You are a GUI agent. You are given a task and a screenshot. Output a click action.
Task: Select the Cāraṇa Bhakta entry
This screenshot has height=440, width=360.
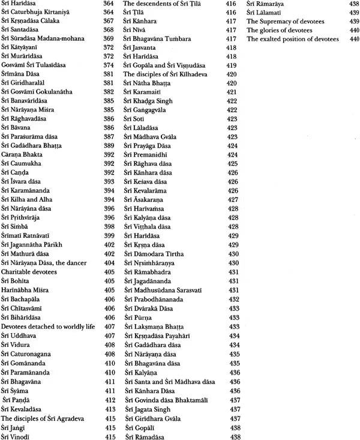23,153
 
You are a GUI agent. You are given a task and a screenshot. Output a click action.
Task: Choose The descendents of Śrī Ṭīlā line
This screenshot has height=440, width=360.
160,4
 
